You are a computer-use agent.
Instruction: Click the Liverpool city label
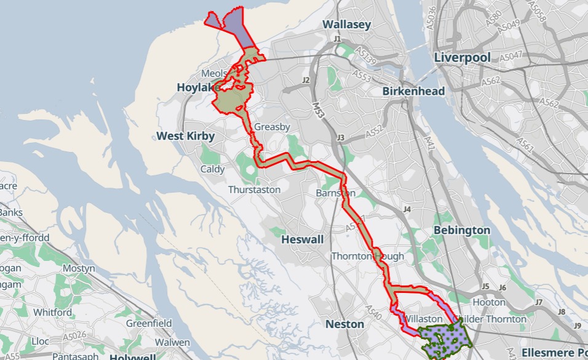tap(462, 57)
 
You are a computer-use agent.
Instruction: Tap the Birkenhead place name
tap(413, 91)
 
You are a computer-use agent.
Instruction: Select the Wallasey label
tap(347, 25)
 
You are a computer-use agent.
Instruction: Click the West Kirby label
tap(185, 135)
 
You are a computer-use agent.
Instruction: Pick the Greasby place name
tap(272, 127)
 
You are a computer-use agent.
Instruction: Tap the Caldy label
tap(212, 169)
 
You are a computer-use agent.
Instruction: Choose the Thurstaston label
tap(254, 190)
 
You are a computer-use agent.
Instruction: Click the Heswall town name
tap(301, 239)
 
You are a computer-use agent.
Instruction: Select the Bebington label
tap(461, 230)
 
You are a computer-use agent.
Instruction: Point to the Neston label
tap(344, 324)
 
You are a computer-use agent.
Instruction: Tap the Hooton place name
tap(489, 302)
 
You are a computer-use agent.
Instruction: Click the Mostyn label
tap(79, 269)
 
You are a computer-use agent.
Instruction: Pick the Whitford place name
tap(53, 312)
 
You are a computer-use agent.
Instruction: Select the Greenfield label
tap(149, 323)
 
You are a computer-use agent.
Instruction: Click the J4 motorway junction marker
tap(407, 210)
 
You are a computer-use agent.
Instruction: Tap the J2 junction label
tap(306, 81)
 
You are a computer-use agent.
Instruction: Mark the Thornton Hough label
tap(368, 256)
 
